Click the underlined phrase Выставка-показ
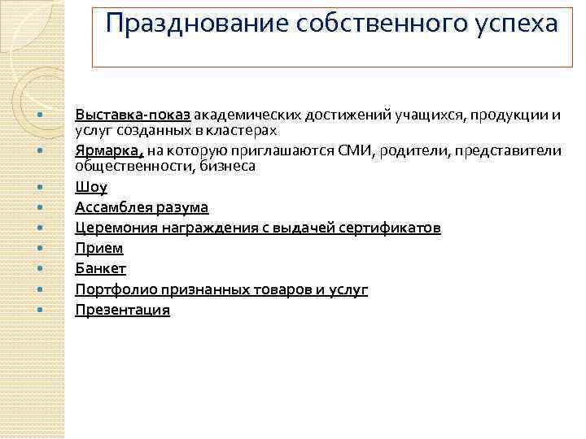133,115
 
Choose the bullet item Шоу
91,187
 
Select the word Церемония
112,228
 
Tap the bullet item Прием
99,248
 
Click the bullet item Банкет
101,268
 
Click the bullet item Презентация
123,310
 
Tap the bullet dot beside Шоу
39,188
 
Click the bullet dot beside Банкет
39,269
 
